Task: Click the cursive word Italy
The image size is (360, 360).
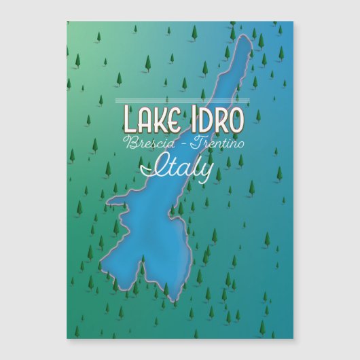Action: [x=180, y=166]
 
